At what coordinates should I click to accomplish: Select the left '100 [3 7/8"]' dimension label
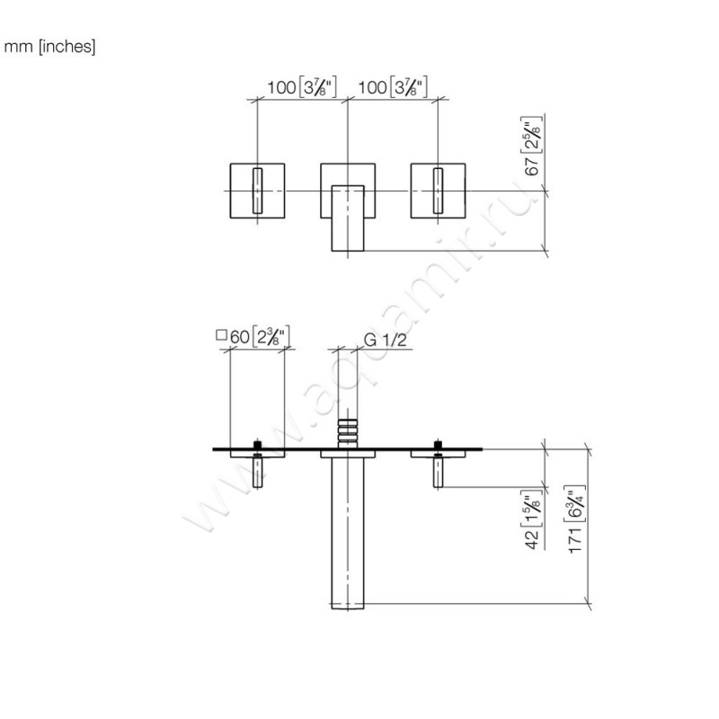(x=301, y=87)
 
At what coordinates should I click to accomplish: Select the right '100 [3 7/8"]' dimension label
(x=391, y=87)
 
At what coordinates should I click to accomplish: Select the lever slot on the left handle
(x=258, y=190)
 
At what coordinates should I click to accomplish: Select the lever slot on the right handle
(x=438, y=190)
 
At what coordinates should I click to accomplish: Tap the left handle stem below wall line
(x=258, y=472)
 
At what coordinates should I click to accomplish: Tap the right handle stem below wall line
(x=439, y=472)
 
